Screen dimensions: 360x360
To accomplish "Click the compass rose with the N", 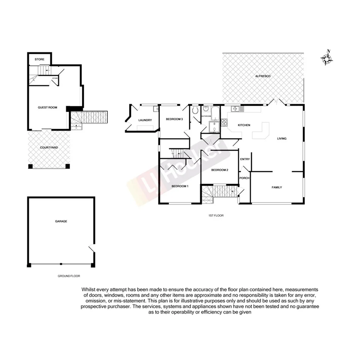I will coord(327,58).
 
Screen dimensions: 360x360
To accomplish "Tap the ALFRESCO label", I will coord(263,76).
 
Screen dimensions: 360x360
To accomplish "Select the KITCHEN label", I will coord(244,125).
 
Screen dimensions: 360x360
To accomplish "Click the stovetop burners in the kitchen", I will coord(224,123).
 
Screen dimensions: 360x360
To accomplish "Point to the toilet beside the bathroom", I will coord(196,111).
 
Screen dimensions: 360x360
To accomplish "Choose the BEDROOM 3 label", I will coord(174,119).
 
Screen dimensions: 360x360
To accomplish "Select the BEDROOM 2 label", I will coord(220,170).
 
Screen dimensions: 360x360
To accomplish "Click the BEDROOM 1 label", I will coord(180,187).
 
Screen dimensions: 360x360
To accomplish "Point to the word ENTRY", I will coord(245,160).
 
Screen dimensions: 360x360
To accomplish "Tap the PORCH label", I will coord(245,178).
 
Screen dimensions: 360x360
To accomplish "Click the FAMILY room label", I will coord(277,187).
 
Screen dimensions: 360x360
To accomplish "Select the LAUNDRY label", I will coord(145,120).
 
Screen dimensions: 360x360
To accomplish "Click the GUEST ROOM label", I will coord(47,107).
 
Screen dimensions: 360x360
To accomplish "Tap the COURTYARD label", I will coord(49,148).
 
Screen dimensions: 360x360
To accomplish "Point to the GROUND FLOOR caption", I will coord(69,276).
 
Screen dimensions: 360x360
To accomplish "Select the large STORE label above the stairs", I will coord(39,59).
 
